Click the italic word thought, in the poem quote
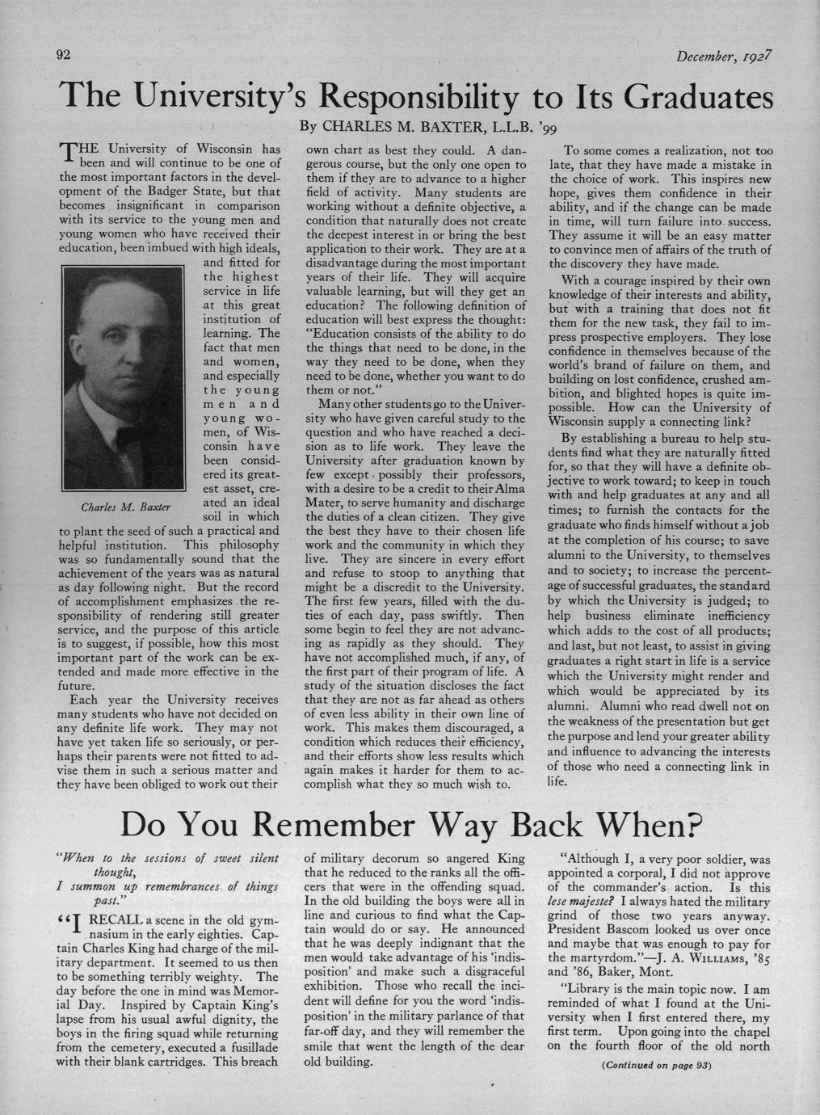click(x=116, y=872)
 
